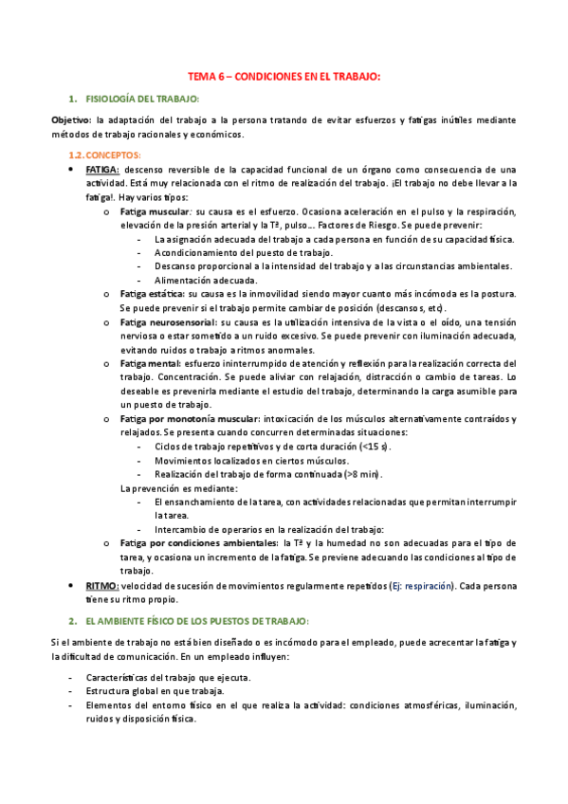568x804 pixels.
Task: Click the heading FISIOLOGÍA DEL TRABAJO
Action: click(x=142, y=99)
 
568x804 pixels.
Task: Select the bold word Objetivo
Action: click(x=71, y=120)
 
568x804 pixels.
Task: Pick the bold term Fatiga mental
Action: click(x=150, y=364)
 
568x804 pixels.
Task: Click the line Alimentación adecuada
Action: click(x=206, y=282)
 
